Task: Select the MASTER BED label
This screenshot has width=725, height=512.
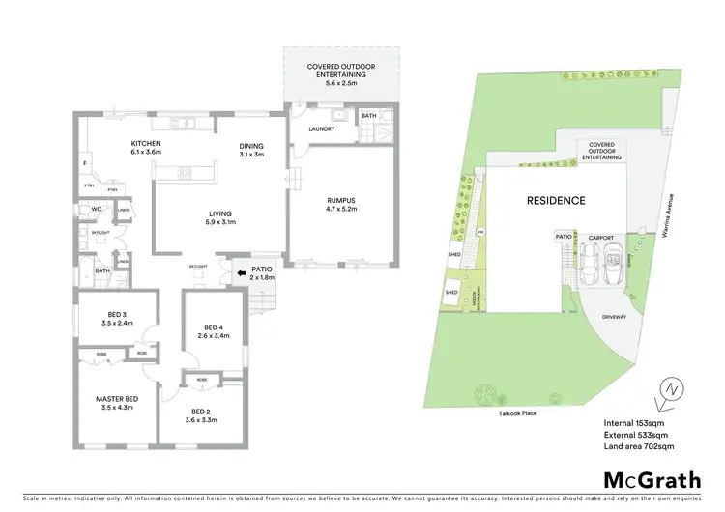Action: [116, 399]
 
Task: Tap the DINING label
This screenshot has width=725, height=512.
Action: [251, 147]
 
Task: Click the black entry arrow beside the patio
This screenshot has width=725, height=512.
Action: [240, 273]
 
